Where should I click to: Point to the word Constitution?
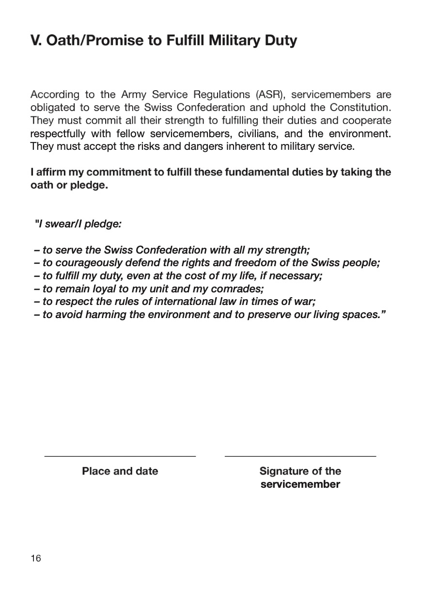(x=360, y=107)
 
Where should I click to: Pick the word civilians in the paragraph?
(x=257, y=133)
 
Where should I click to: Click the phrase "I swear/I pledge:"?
(x=78, y=224)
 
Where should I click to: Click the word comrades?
(x=237, y=288)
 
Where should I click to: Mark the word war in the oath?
(x=305, y=302)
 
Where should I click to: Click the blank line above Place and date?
(x=120, y=456)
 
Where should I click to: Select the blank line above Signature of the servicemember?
(x=300, y=456)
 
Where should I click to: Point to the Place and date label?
(x=120, y=471)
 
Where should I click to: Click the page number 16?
(x=36, y=558)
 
